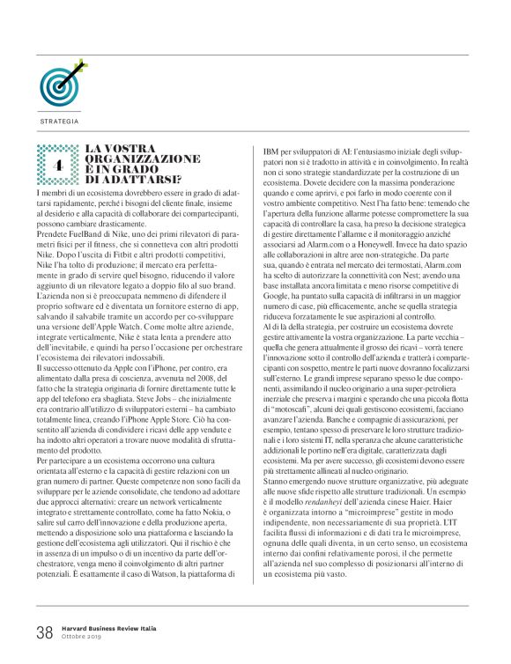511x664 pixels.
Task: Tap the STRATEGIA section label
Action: tap(59, 121)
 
